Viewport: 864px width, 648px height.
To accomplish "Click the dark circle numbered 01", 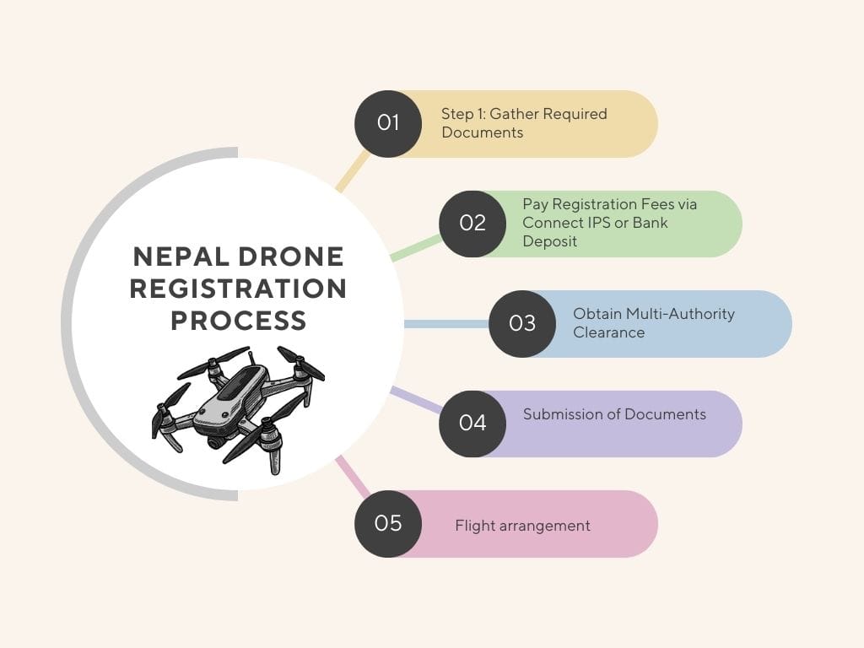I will pyautogui.click(x=388, y=123).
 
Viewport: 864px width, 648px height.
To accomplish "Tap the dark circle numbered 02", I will pyautogui.click(x=472, y=224).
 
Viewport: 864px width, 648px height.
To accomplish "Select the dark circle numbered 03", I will pyautogui.click(x=522, y=324).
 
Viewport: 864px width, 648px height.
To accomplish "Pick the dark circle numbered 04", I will pyautogui.click(x=472, y=424).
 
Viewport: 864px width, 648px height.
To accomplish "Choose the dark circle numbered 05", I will pyautogui.click(x=388, y=524).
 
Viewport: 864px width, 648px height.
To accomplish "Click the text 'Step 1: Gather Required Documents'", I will pyautogui.click(x=523, y=123).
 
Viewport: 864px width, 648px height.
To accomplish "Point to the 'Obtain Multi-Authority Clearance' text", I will pyautogui.click(x=653, y=323).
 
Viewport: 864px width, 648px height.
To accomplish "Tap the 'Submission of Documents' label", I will pyautogui.click(x=614, y=414).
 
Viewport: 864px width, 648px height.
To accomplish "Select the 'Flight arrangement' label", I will pyautogui.click(x=522, y=526).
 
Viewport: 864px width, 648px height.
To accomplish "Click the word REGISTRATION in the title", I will pyautogui.click(x=238, y=289).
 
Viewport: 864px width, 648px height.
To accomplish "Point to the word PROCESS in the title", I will pyautogui.click(x=238, y=321).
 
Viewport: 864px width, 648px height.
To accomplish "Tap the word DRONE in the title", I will pyautogui.click(x=294, y=256).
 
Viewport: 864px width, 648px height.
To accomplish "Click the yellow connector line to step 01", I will pyautogui.click(x=353, y=172).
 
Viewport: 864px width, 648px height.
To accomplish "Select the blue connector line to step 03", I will pyautogui.click(x=446, y=324).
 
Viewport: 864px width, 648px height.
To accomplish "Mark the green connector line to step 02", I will pyautogui.click(x=417, y=248).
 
